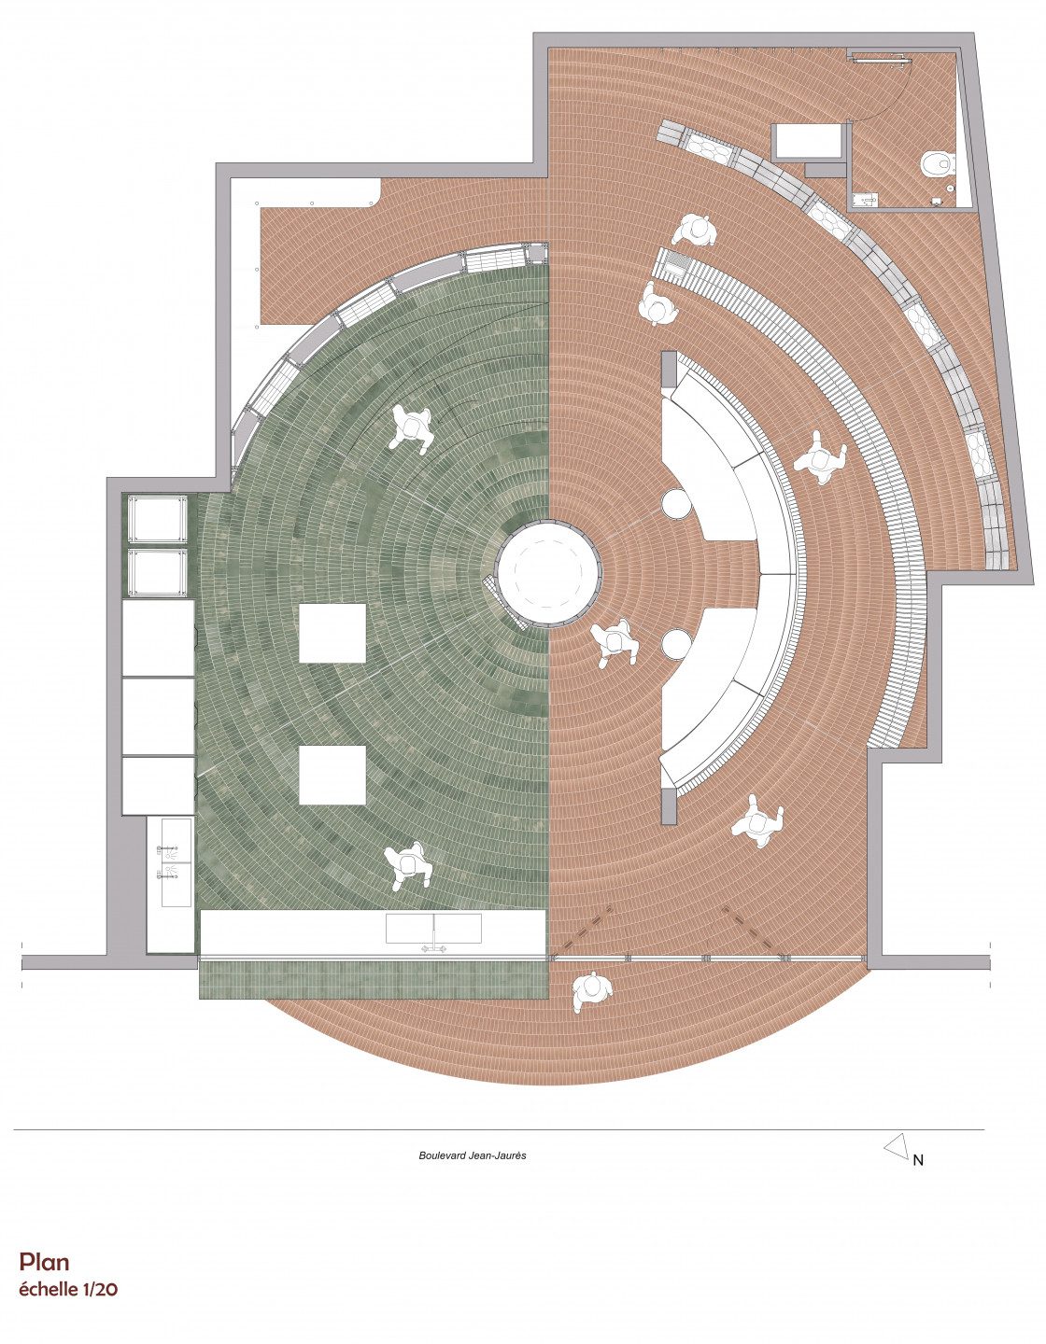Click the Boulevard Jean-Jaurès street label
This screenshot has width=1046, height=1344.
[x=473, y=1155]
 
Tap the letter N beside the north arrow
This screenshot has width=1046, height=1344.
[x=918, y=1161]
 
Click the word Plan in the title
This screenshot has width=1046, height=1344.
[x=44, y=1262]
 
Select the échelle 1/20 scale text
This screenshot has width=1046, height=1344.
[x=68, y=1289]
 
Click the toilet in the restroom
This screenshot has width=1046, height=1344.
[x=938, y=163]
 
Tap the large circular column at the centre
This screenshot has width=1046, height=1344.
[x=548, y=572]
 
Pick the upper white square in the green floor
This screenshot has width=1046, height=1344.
[x=332, y=634]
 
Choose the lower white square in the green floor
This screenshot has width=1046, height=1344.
[x=332, y=775]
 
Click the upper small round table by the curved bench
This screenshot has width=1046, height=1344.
[x=675, y=503]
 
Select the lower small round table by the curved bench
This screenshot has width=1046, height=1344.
[x=675, y=645]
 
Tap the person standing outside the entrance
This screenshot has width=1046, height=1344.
[x=591, y=993]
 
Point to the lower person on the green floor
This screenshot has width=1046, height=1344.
[x=407, y=865]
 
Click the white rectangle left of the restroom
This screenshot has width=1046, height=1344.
[x=809, y=140]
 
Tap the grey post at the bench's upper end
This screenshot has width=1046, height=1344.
[x=669, y=370]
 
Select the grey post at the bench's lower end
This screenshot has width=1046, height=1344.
[x=669, y=805]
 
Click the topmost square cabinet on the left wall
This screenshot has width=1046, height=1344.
[x=157, y=519]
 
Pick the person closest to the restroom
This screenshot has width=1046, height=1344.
[x=695, y=231]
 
